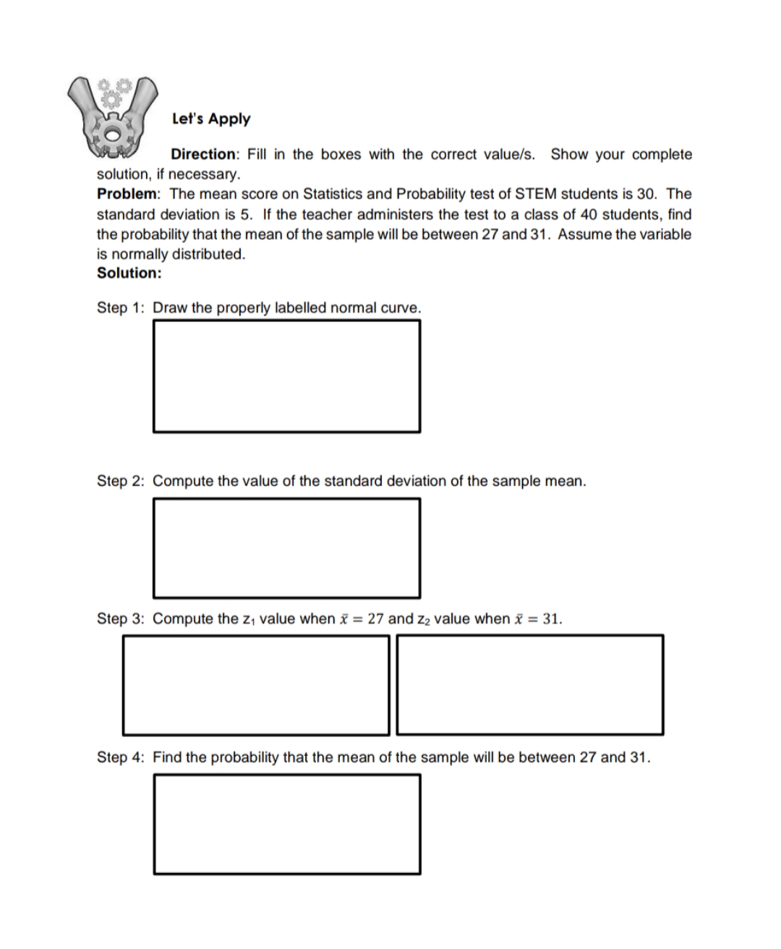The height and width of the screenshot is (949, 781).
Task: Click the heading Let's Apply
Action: (x=211, y=119)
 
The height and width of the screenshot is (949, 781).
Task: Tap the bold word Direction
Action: (x=203, y=154)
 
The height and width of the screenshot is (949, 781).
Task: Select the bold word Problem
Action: (x=128, y=194)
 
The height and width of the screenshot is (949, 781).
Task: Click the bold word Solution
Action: (x=129, y=273)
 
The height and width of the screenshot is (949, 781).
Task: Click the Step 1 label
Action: (x=121, y=307)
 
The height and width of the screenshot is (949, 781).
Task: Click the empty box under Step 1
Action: (x=286, y=376)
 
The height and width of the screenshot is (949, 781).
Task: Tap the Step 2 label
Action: (x=121, y=481)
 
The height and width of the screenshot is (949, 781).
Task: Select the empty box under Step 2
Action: (x=286, y=548)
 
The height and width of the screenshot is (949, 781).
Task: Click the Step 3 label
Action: (x=121, y=618)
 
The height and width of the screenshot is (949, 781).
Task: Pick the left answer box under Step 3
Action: (x=255, y=684)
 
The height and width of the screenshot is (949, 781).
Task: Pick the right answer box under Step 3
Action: (x=529, y=684)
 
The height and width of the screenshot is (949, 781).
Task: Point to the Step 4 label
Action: (x=121, y=757)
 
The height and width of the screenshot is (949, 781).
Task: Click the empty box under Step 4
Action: (x=286, y=824)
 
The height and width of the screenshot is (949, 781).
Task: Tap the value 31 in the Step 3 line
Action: (x=551, y=618)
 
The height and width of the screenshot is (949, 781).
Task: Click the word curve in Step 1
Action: (x=400, y=307)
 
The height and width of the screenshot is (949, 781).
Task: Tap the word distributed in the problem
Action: (x=208, y=254)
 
